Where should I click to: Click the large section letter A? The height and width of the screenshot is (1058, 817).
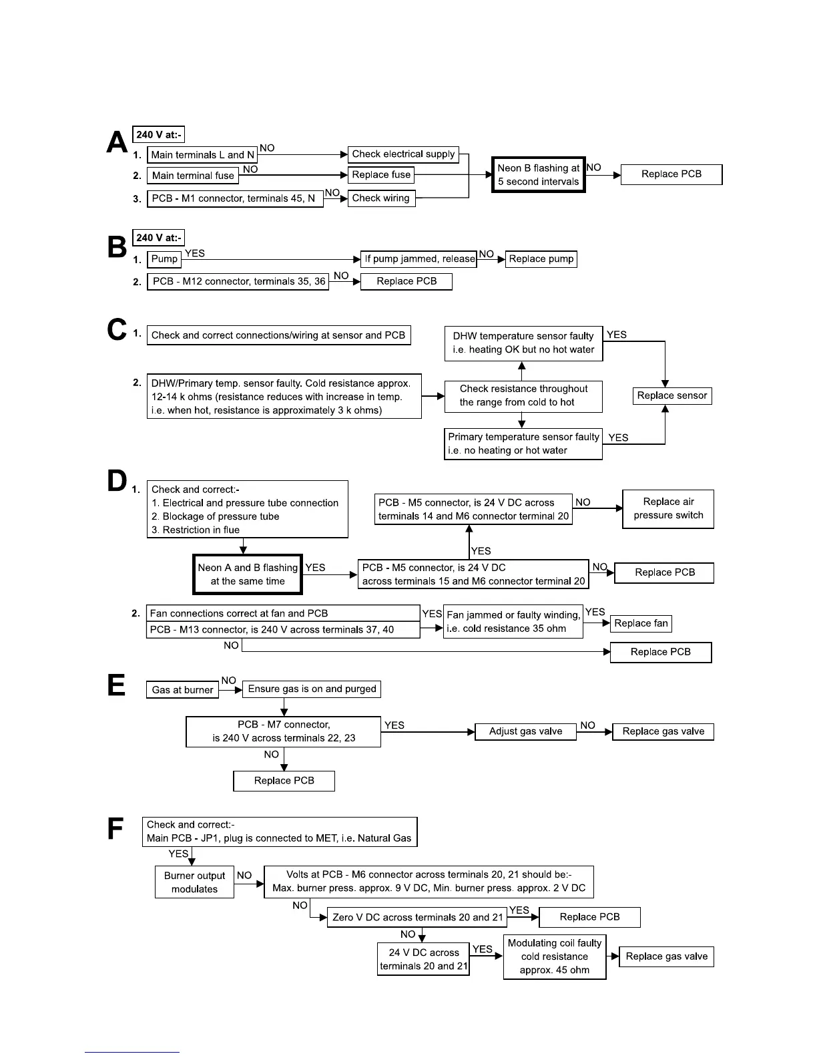pyautogui.click(x=117, y=142)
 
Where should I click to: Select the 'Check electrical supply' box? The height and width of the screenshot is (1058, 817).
pyautogui.click(x=403, y=154)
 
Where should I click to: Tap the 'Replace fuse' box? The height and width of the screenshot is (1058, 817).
pyautogui.click(x=381, y=175)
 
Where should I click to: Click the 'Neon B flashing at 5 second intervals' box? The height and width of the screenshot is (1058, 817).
pyautogui.click(x=539, y=175)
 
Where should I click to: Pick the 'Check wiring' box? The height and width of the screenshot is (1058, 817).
pyautogui.click(x=381, y=198)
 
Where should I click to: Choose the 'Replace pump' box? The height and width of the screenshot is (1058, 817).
pyautogui.click(x=541, y=259)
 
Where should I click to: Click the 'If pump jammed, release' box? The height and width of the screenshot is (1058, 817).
pyautogui.click(x=419, y=259)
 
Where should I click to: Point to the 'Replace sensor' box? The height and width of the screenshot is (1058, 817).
pyautogui.click(x=672, y=395)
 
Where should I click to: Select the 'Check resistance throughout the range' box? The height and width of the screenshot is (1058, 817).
pyautogui.click(x=523, y=395)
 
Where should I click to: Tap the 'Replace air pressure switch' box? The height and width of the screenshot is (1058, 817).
pyautogui.click(x=668, y=509)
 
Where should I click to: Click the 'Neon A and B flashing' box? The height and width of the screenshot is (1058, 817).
pyautogui.click(x=248, y=574)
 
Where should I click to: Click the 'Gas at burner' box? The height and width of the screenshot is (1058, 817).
pyautogui.click(x=182, y=690)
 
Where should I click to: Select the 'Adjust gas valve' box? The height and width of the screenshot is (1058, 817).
pyautogui.click(x=525, y=731)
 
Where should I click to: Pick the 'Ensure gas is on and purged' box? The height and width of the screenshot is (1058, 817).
pyautogui.click(x=312, y=689)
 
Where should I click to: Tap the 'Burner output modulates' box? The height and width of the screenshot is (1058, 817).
pyautogui.click(x=194, y=882)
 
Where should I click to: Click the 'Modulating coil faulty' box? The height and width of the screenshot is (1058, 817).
pyautogui.click(x=555, y=956)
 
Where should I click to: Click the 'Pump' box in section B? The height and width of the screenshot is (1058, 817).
pyautogui.click(x=164, y=259)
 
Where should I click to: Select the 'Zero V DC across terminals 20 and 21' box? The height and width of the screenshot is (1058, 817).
pyautogui.click(x=417, y=918)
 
